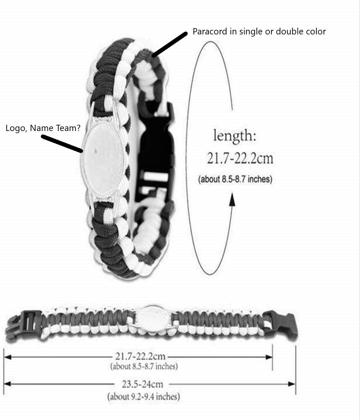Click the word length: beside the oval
click(x=235, y=136)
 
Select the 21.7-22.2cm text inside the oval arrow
click(x=240, y=158)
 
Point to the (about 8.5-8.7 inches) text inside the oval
click(x=235, y=179)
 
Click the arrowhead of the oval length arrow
click(x=232, y=200)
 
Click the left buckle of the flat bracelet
click(x=23, y=326)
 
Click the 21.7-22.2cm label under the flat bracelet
click(x=141, y=356)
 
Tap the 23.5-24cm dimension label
click(x=142, y=384)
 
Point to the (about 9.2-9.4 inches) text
click(x=143, y=396)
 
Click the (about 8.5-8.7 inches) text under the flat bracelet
click(x=144, y=366)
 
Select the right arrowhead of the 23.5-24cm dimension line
click(x=292, y=384)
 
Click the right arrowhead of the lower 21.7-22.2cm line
click(x=269, y=357)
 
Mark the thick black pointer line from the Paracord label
click(x=169, y=45)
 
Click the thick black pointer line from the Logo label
click(x=62, y=144)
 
